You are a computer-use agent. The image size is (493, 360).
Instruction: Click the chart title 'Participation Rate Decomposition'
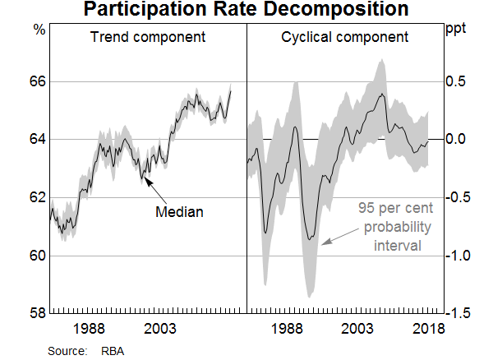pos(246,11)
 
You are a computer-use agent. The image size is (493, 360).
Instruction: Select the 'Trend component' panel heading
pos(149,38)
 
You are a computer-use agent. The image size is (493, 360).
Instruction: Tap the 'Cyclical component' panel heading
pos(344,38)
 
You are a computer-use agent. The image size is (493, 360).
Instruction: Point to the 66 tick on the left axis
pos(37,82)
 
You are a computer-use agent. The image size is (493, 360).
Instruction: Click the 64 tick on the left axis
pos(37,140)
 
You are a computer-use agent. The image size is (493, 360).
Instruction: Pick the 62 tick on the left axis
pos(37,197)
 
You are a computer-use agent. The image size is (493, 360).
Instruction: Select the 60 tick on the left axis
pos(37,256)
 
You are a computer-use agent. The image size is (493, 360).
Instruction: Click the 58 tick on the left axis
pos(37,313)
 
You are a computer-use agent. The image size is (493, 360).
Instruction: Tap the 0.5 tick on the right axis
pos(458,82)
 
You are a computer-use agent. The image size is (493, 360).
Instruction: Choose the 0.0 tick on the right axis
pos(458,140)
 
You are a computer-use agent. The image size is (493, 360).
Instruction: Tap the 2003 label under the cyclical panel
pos(357,329)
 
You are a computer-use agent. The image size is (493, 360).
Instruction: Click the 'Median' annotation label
pos(179,212)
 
